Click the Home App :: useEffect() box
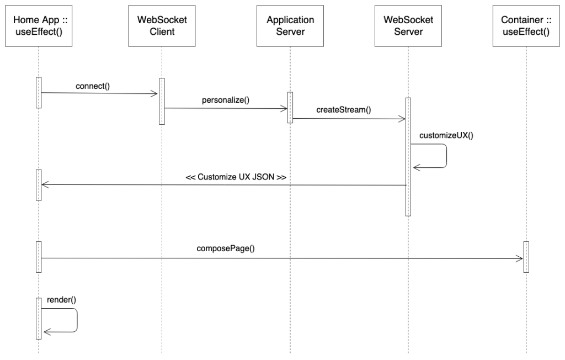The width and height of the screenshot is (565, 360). (x=39, y=26)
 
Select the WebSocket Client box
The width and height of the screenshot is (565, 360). (x=162, y=26)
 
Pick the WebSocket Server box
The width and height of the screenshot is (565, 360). (x=408, y=26)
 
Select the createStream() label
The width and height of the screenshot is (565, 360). (x=344, y=110)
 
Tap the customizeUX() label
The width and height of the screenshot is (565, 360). (x=446, y=135)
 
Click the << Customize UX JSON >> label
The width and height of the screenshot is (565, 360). (x=236, y=178)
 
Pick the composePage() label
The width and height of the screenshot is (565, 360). (x=226, y=248)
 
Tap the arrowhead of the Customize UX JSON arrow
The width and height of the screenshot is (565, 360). (x=45, y=185)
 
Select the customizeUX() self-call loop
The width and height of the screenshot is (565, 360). (x=445, y=155)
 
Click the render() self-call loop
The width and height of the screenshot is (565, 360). (x=76, y=320)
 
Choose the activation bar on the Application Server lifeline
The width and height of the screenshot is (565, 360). (x=290, y=107)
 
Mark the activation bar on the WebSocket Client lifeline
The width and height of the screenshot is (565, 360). (x=162, y=101)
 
